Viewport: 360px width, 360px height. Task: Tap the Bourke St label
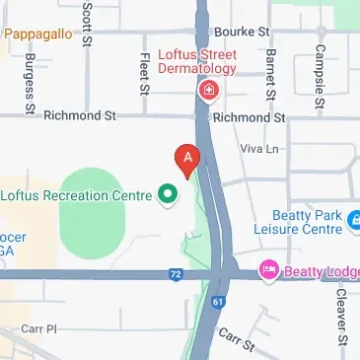pos(243,32)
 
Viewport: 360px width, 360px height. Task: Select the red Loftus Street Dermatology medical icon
pos(208,93)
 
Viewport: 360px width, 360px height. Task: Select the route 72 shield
pos(176,272)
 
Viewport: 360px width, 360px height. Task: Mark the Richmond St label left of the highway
pos(80,116)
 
